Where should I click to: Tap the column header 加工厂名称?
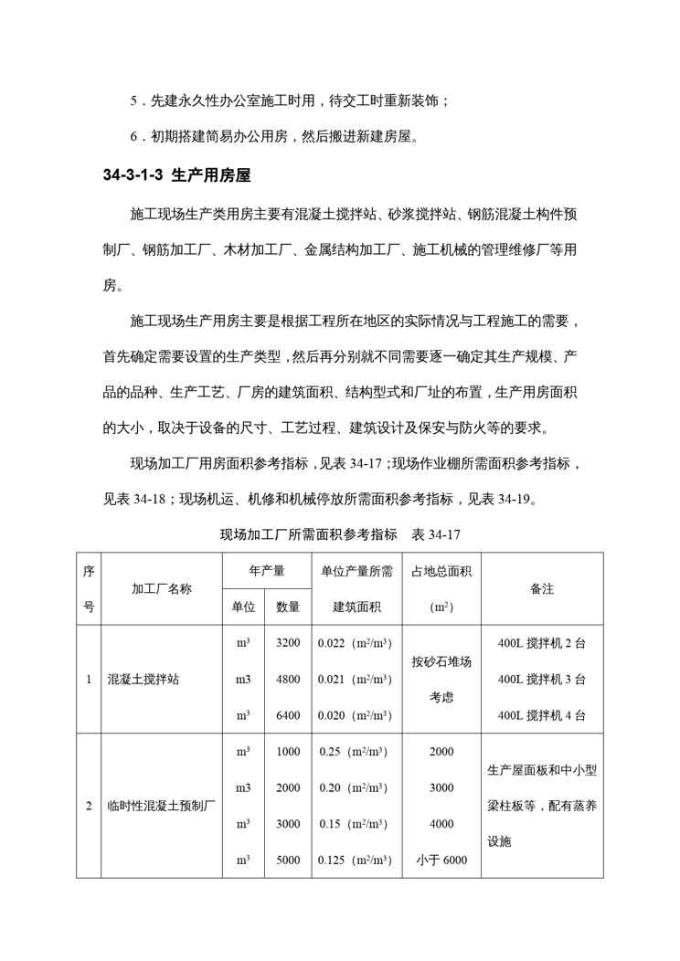(x=162, y=588)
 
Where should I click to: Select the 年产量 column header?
(x=266, y=571)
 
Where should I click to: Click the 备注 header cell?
(x=542, y=588)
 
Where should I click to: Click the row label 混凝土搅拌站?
(x=143, y=679)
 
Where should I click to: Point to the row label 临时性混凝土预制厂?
(x=161, y=806)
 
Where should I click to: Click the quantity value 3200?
(x=288, y=643)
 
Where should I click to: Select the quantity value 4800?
(x=288, y=679)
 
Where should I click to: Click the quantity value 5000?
(x=288, y=860)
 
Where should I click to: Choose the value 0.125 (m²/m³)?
(x=355, y=860)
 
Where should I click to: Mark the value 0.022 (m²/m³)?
(x=355, y=643)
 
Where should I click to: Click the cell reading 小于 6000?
(x=441, y=860)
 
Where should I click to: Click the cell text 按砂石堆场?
(x=441, y=661)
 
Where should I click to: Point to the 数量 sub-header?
(x=288, y=607)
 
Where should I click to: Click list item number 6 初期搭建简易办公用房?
(x=274, y=137)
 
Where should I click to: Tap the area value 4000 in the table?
(x=441, y=824)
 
